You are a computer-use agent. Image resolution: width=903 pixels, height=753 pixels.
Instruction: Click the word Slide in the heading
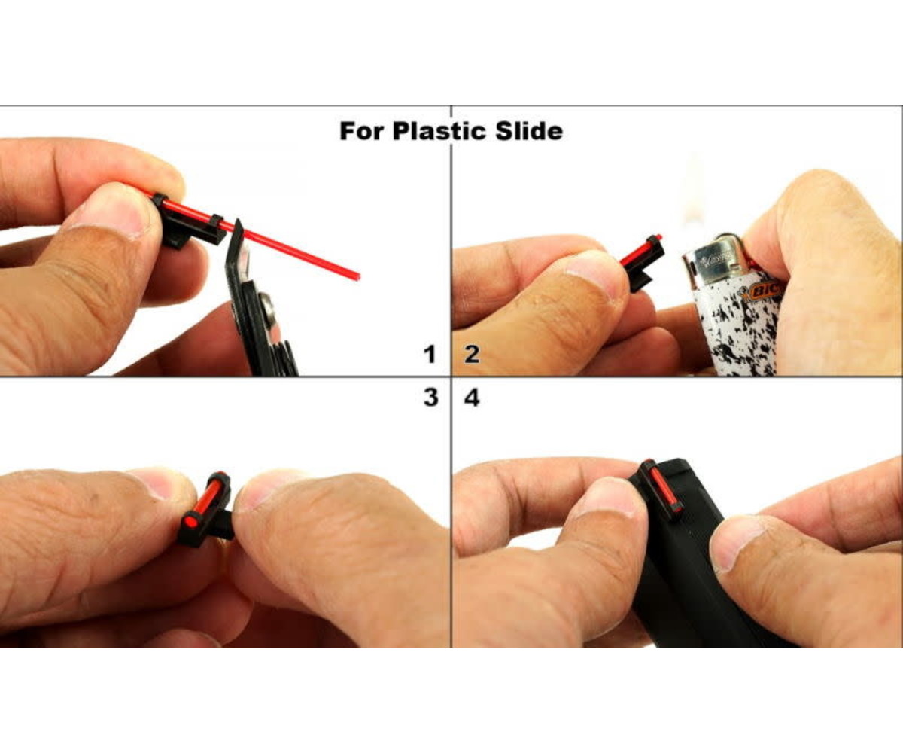coord(529,131)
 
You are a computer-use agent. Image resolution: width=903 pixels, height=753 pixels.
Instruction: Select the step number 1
coord(429,355)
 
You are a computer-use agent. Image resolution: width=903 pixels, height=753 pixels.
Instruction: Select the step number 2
coord(472,355)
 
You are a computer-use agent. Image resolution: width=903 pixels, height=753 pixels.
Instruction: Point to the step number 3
coord(431,397)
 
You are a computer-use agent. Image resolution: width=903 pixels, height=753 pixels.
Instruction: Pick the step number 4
coord(472,398)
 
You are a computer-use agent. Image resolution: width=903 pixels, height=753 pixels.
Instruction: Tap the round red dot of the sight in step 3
coord(190,522)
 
